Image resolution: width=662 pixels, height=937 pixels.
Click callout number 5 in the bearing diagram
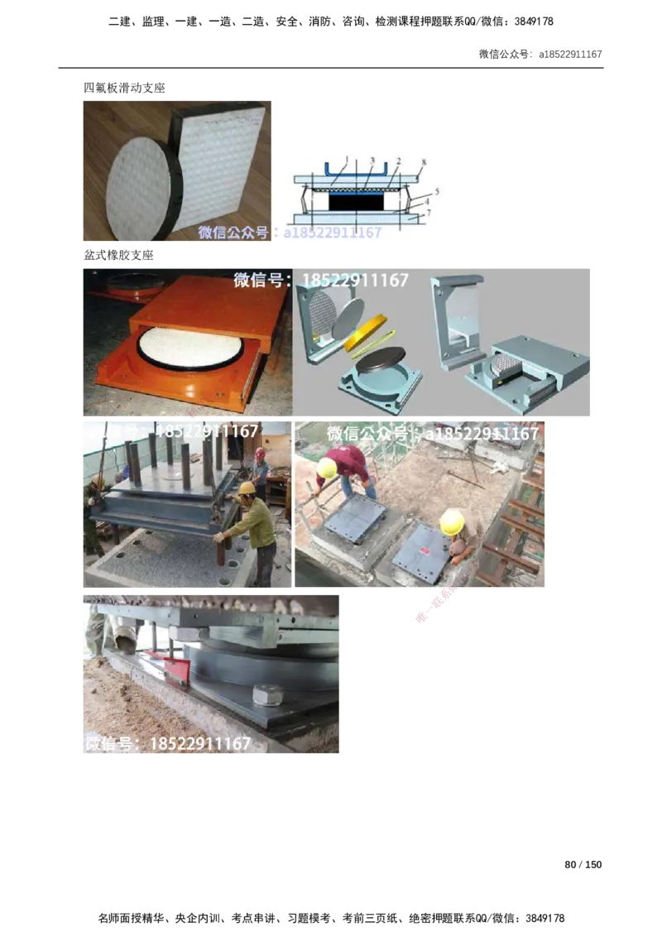[436, 191]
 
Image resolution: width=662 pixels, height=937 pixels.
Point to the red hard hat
[260, 454]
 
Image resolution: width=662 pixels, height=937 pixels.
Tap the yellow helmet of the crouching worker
[452, 522]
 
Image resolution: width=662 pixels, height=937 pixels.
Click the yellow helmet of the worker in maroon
[328, 468]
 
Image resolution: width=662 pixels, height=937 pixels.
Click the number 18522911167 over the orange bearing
[355, 281]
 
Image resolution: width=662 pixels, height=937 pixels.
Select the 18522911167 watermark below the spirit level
[199, 743]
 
